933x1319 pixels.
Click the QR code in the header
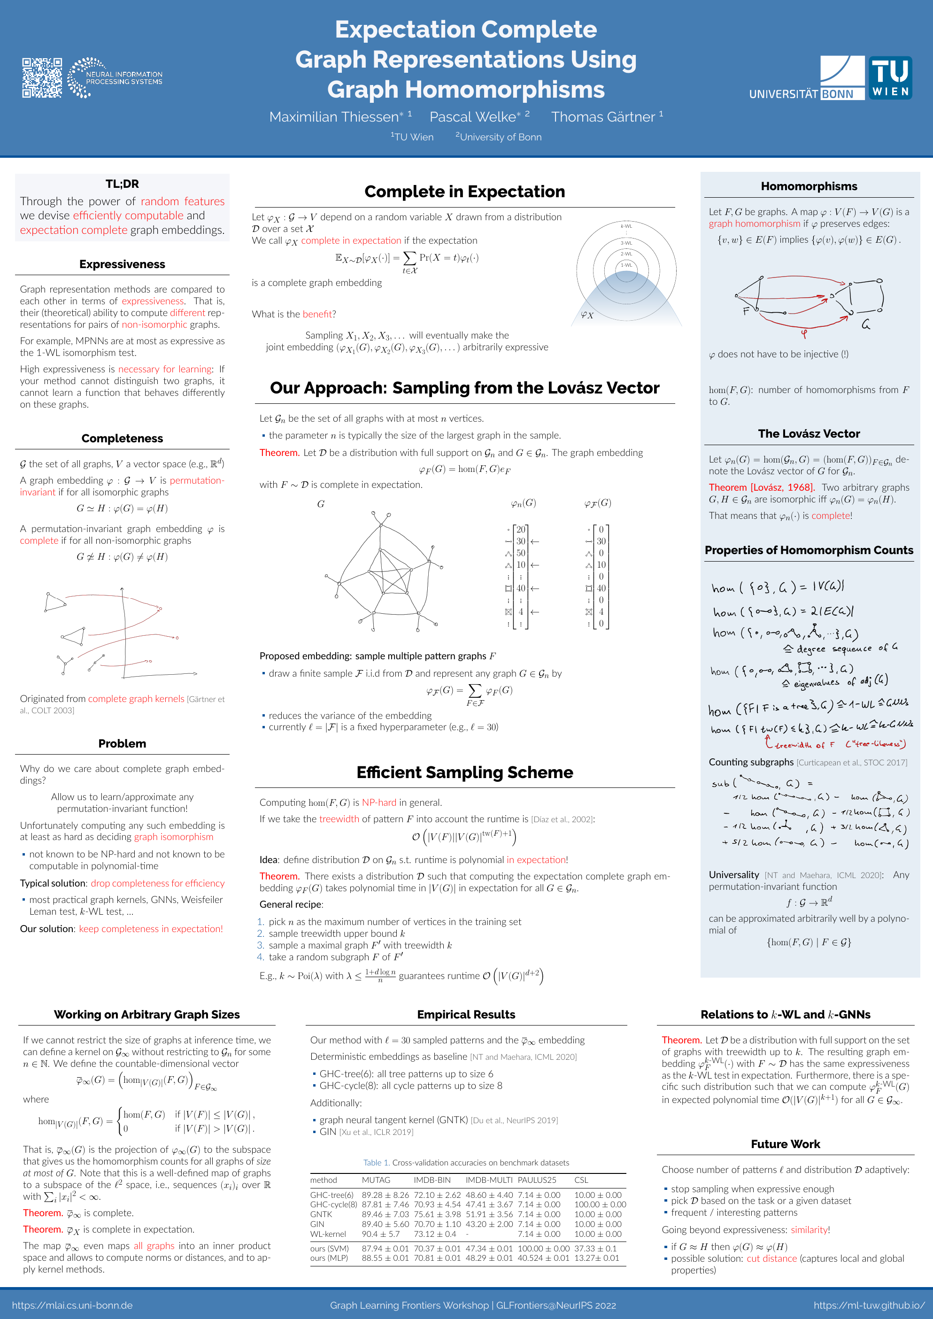tap(42, 77)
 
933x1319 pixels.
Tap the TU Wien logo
tap(890, 78)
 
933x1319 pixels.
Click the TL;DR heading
tap(122, 184)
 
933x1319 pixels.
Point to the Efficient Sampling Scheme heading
tap(464, 772)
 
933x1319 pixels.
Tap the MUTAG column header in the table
tap(376, 1180)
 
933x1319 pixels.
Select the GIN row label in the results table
tap(317, 1224)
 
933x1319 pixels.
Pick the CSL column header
tap(581, 1180)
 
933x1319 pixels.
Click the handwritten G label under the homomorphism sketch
tap(865, 325)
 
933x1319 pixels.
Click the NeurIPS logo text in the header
tap(123, 78)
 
